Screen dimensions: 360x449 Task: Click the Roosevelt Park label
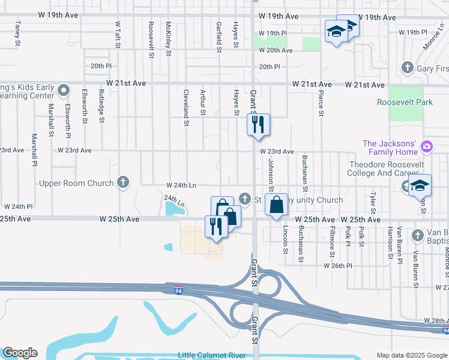tap(405, 102)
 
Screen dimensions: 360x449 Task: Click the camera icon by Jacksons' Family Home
tap(427, 146)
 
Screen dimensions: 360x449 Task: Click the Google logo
tap(20, 353)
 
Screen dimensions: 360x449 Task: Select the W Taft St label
tap(118, 34)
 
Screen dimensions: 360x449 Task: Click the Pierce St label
tap(321, 104)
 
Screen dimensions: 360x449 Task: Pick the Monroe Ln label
tap(433, 37)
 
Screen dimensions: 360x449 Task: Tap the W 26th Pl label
tap(338, 265)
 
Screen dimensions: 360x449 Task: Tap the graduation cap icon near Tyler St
tap(420, 185)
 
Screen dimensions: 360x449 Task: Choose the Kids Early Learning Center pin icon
tap(67, 92)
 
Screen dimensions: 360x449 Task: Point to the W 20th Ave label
tap(276, 50)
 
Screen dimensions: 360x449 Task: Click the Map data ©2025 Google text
tap(411, 355)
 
